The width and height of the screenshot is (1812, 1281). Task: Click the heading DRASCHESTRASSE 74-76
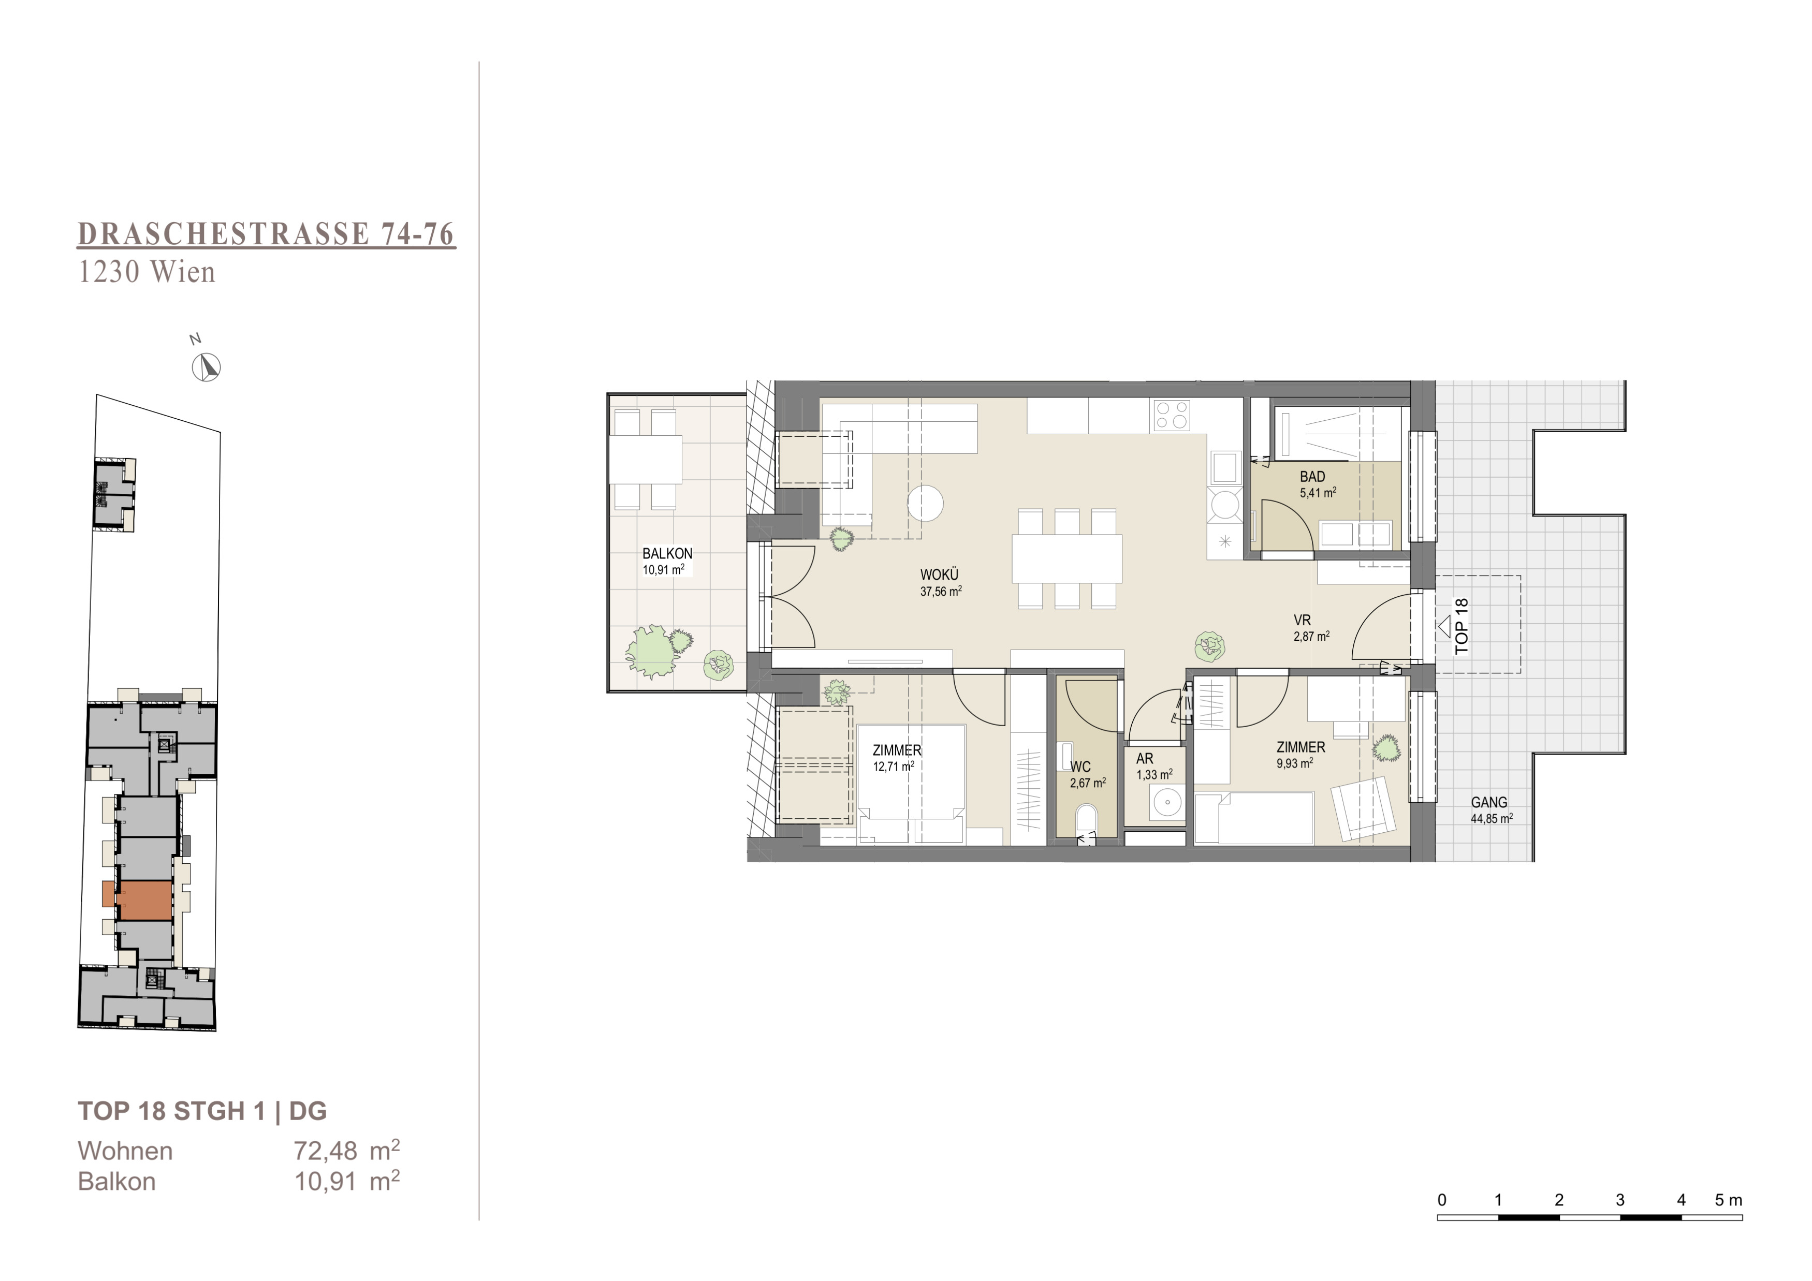tap(267, 234)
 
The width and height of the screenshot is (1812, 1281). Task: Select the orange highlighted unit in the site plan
tap(137, 900)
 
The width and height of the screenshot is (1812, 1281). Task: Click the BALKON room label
tap(667, 554)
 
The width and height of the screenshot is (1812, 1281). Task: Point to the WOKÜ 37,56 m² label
tap(940, 583)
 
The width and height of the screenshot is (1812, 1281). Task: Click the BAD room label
tap(1312, 477)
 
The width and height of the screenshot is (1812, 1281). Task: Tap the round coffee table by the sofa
tap(925, 503)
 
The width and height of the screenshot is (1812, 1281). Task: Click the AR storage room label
tap(1144, 759)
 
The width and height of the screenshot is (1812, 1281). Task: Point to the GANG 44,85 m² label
tap(1491, 810)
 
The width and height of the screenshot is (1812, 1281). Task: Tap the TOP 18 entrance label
tap(1462, 626)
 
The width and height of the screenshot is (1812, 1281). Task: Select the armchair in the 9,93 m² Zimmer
tap(1361, 808)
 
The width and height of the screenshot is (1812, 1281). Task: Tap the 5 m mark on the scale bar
tap(1728, 1200)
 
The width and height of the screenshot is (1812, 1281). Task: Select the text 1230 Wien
tap(147, 272)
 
